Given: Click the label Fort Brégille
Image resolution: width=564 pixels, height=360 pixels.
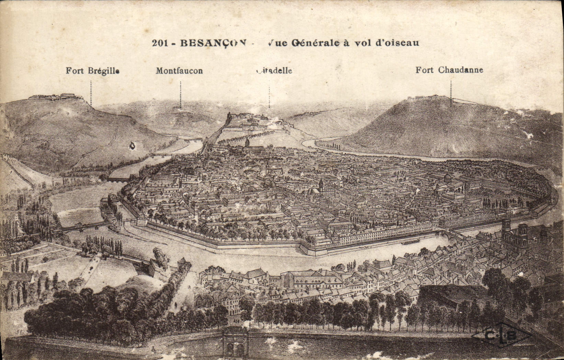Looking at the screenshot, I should coord(92,71).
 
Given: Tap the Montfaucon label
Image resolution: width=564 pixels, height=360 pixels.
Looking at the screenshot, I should coord(179,71).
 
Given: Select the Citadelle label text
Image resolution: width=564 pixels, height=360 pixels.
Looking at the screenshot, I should coord(274,70).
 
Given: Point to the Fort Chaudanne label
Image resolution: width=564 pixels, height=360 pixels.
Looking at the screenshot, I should coord(449,70).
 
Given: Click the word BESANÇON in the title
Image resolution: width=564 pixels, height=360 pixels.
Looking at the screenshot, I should coord(212,43).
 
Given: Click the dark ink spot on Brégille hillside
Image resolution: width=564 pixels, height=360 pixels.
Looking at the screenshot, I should coord(131,146).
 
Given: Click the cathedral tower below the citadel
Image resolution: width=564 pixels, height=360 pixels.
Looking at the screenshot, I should coord(247,142).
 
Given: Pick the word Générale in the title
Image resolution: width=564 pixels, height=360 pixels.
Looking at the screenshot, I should coord(314,43).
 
